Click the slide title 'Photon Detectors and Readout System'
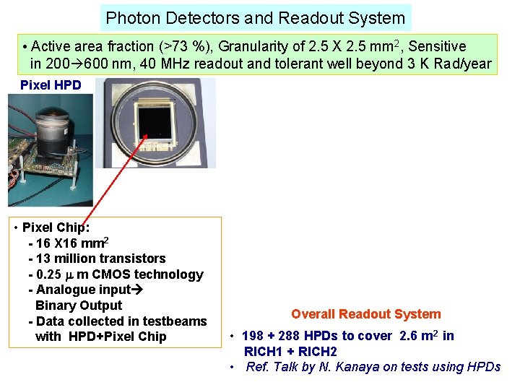(x=256, y=17)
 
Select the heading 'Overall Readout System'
(x=365, y=314)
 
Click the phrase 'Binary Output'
(x=79, y=305)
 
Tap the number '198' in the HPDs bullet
(x=253, y=336)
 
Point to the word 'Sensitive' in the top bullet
(x=438, y=47)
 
